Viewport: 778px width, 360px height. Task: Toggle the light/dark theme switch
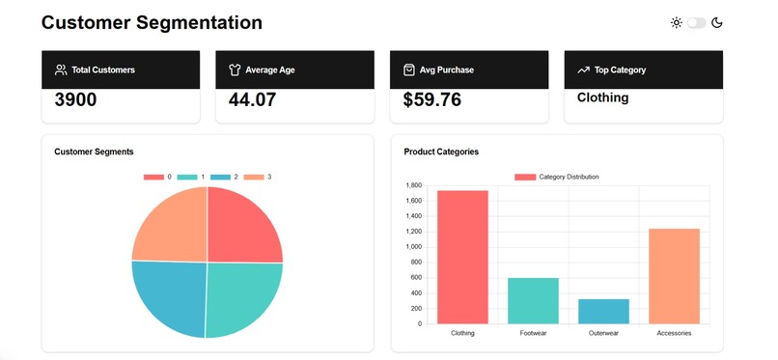click(x=696, y=22)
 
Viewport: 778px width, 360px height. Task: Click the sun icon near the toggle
click(x=677, y=22)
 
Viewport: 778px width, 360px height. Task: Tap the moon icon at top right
click(x=717, y=22)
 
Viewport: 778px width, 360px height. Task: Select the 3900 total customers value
click(x=75, y=99)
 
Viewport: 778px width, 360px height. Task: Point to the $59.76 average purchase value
click(x=431, y=99)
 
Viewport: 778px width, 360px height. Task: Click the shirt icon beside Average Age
click(x=235, y=69)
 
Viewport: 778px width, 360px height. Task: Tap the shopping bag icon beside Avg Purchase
click(x=409, y=69)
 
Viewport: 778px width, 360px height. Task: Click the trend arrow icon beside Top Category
click(x=583, y=69)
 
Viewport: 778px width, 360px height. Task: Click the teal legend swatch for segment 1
click(x=187, y=177)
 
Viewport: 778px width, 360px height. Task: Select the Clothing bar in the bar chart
click(x=462, y=257)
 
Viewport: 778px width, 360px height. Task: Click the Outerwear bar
click(x=603, y=311)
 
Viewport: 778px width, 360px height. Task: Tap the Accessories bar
click(x=674, y=276)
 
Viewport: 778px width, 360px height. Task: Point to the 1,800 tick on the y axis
click(x=413, y=185)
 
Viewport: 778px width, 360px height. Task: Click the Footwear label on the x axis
click(x=533, y=333)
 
